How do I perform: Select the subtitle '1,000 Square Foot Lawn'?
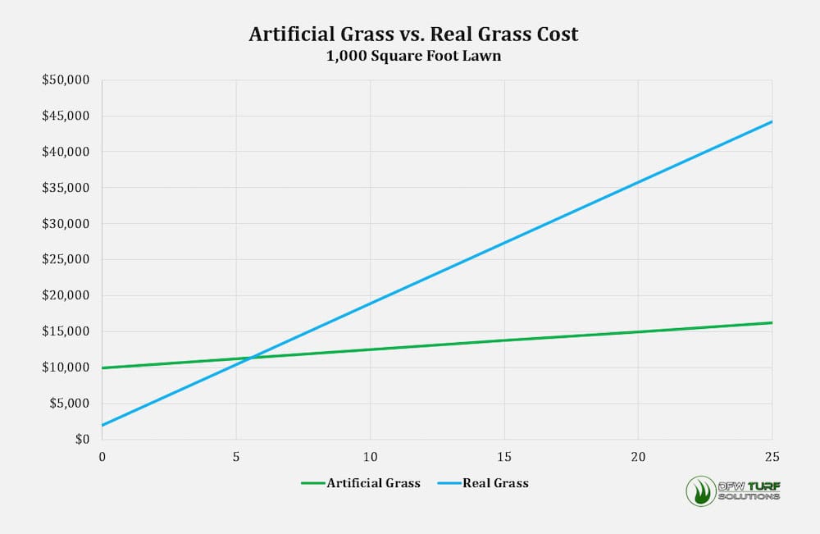coord(413,57)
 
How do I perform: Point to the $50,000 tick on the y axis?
coord(71,80)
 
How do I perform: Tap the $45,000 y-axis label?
coord(71,116)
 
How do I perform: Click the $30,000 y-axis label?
coord(71,224)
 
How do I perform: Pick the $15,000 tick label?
coord(71,331)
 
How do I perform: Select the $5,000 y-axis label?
coord(75,404)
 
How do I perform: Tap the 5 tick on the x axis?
coord(236,456)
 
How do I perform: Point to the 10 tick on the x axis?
coord(370,456)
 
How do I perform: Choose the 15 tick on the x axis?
coord(504,456)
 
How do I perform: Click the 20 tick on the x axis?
coord(638,456)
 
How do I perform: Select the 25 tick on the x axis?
coord(771,456)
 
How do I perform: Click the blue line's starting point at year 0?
coord(102,425)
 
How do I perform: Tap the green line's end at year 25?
coord(772,322)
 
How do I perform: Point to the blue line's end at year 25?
coord(772,121)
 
